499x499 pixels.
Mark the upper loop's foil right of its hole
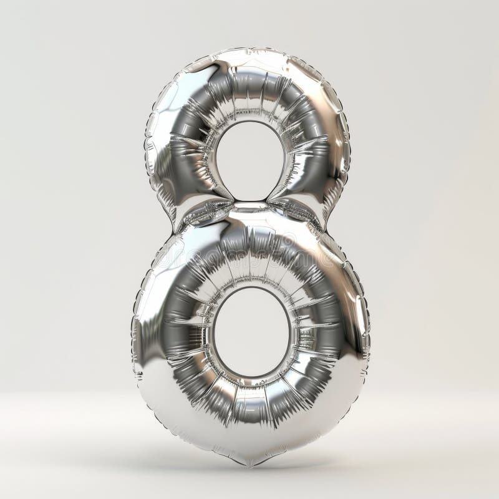(318, 150)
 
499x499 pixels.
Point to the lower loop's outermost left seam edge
(133, 324)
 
